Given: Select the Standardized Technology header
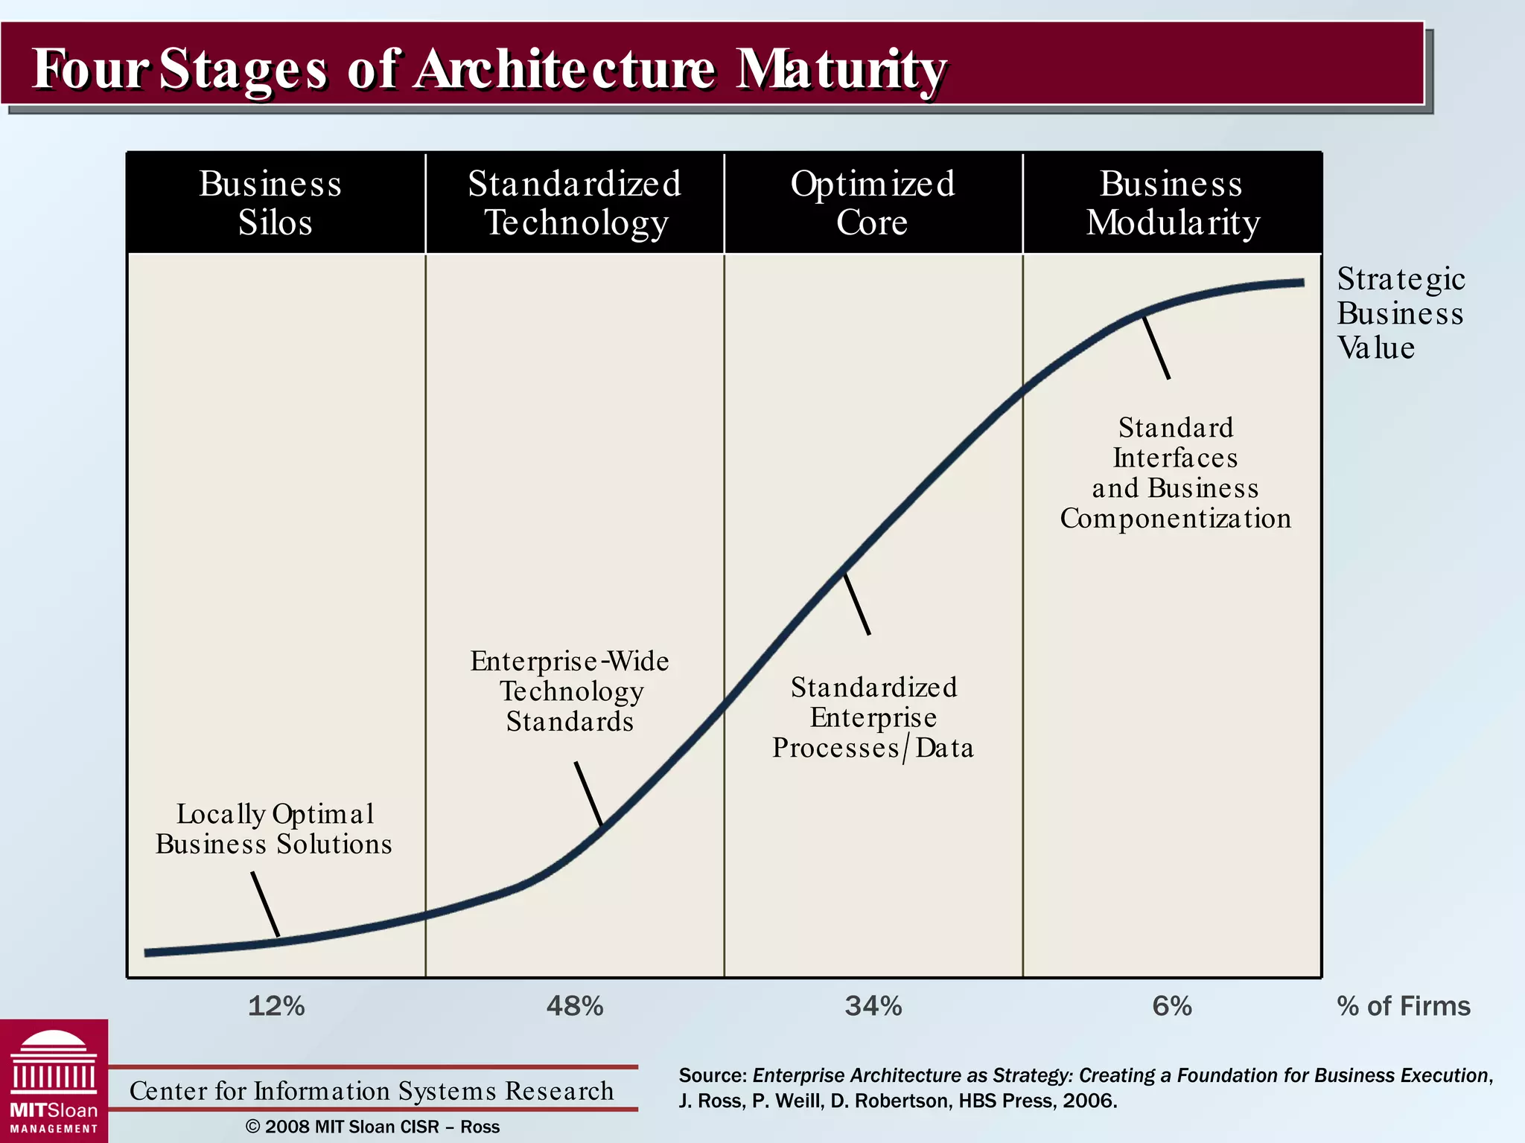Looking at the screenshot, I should pyautogui.click(x=574, y=202).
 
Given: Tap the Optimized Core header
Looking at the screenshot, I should pyautogui.click(x=873, y=202).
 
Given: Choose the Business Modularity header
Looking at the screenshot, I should pyautogui.click(x=1172, y=202).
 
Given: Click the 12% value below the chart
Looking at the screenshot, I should pyautogui.click(x=276, y=1006).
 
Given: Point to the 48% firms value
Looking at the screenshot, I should pyautogui.click(x=575, y=1006).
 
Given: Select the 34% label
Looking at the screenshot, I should pyautogui.click(x=873, y=1006).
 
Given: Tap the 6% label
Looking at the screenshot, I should pyautogui.click(x=1172, y=1006).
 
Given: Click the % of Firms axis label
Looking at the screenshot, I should pyautogui.click(x=1404, y=1006).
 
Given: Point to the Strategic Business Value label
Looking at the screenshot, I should pyautogui.click(x=1400, y=313).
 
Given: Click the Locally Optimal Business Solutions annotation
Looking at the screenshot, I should pyautogui.click(x=274, y=829).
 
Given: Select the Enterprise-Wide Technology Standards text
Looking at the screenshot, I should pyautogui.click(x=570, y=691).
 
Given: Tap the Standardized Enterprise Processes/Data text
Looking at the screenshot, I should pyautogui.click(x=873, y=717).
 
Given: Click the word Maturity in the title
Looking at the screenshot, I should pyautogui.click(x=841, y=68).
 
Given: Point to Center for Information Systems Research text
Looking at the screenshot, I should pyautogui.click(x=372, y=1091).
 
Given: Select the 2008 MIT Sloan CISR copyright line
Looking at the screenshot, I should pyautogui.click(x=372, y=1127).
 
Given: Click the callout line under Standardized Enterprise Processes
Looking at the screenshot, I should pyautogui.click(x=856, y=603).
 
